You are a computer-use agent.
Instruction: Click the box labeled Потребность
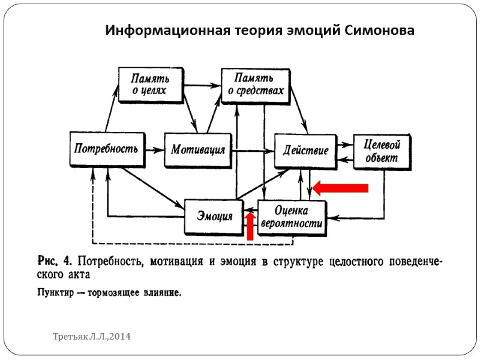(107, 148)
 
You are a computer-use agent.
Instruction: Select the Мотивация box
(198, 149)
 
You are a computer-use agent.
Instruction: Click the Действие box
(306, 150)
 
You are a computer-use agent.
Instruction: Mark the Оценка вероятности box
(292, 217)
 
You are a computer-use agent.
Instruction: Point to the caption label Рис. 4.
(55, 262)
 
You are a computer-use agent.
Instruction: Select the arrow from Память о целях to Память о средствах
(203, 85)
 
